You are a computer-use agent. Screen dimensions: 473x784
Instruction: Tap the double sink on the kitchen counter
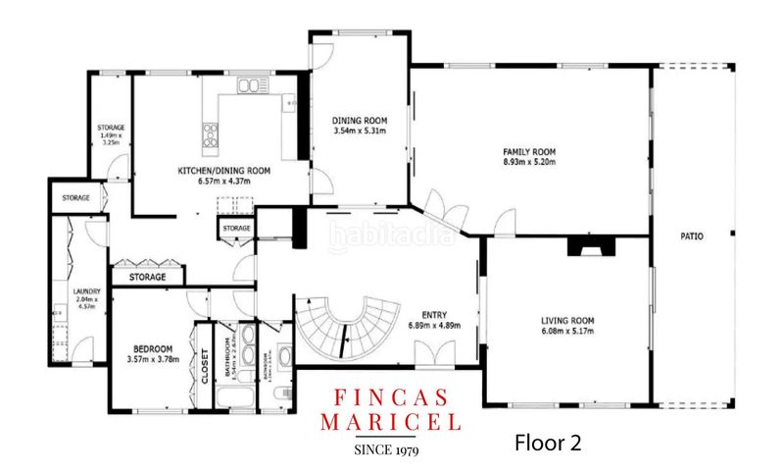[251, 87]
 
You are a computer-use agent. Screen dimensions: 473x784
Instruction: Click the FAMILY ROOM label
[529, 152]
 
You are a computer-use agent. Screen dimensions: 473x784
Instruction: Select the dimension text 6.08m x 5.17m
[568, 332]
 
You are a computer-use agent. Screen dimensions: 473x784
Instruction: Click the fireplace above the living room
[591, 247]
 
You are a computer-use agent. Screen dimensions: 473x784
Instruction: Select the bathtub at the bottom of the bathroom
[231, 397]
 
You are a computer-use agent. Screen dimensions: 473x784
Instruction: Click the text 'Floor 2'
[548, 443]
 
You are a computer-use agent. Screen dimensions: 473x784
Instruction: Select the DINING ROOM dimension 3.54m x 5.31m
[359, 131]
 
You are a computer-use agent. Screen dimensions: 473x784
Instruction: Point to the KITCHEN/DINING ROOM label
[223, 170]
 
